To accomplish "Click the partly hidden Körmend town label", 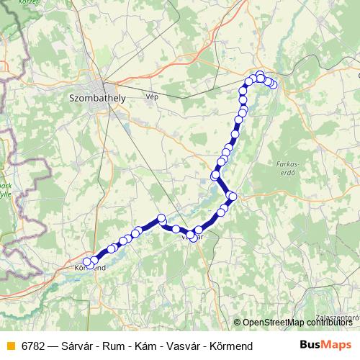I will click(91, 268).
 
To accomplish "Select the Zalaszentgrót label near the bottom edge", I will click(337, 315).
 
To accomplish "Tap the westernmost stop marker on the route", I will click(88, 262).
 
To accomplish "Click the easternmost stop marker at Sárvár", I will click(273, 85).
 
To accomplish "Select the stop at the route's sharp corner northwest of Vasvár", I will click(161, 218).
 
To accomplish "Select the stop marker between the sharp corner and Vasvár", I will click(176, 229).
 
